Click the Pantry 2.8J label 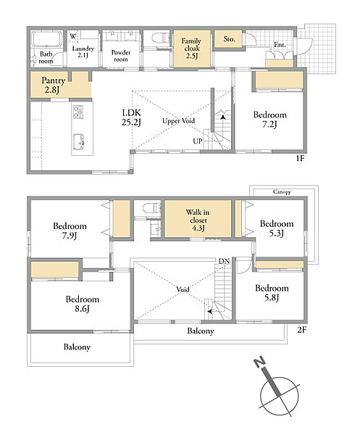pos(53,85)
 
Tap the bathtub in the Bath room pos(46,39)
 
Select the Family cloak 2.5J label pos(191,49)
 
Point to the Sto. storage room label pos(229,39)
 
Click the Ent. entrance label pos(280,44)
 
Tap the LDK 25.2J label pos(131,117)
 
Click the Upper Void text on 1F pos(179,121)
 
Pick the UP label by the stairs pos(198,141)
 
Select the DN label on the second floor pos(224,261)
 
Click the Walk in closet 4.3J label pos(198,220)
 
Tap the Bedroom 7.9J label pos(70,231)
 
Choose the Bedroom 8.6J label pos(83,304)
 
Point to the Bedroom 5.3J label pos(277,228)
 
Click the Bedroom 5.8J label pos(272,293)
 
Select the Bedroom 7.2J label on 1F pos(270,120)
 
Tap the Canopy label pos(282,192)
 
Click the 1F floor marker pos(300,158)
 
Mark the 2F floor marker pos(301,330)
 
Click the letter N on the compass pos(259,362)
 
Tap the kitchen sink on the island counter pos(79,141)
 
